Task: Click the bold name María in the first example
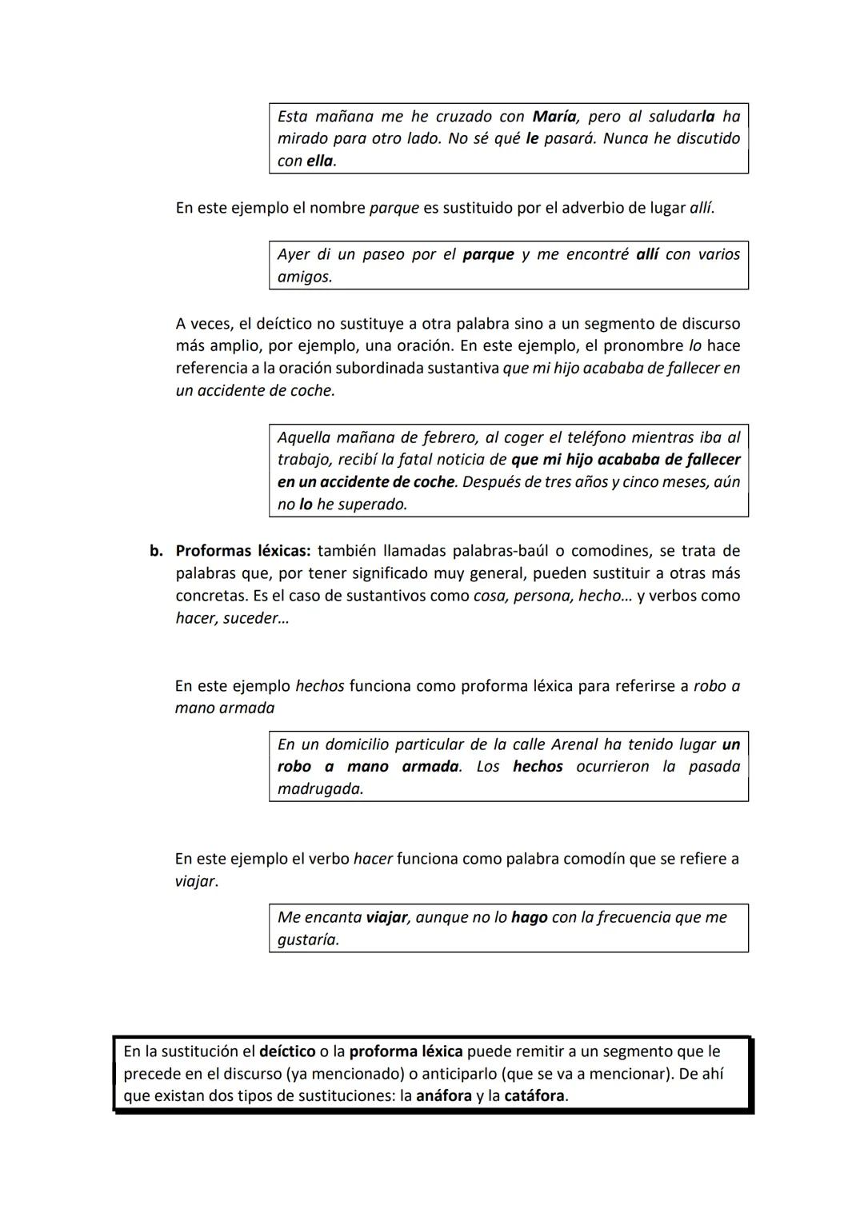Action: [555, 116]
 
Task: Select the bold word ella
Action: [320, 161]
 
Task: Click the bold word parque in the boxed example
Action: [488, 254]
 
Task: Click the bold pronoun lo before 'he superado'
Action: [306, 505]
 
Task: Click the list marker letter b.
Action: [156, 551]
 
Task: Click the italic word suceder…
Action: [256, 618]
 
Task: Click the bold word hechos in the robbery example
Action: [538, 767]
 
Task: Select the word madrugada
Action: [320, 789]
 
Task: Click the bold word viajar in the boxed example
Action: [387, 917]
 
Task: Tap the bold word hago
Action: [529, 917]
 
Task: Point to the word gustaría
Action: [308, 940]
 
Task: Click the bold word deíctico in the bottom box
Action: [287, 1051]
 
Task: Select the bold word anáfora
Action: [443, 1096]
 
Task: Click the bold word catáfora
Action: [534, 1096]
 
